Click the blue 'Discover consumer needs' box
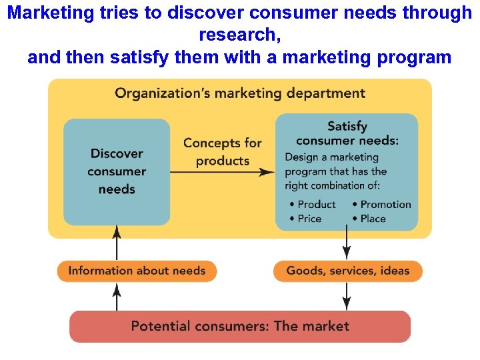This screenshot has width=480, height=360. click(117, 171)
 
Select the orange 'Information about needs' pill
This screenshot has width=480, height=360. click(137, 271)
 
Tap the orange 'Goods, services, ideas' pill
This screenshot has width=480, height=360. click(347, 271)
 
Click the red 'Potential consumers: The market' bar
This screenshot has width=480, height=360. click(240, 326)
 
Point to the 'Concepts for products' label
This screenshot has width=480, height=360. click(223, 151)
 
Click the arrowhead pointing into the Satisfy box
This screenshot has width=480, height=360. click(268, 172)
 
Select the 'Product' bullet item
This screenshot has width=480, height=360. click(315, 205)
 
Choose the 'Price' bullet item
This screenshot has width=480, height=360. click(308, 219)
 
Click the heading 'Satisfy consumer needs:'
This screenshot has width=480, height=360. click(347, 133)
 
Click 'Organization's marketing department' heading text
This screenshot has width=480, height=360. click(240, 93)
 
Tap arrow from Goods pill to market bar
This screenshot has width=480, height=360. click(347, 296)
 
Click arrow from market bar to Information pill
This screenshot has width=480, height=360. click(117, 296)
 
